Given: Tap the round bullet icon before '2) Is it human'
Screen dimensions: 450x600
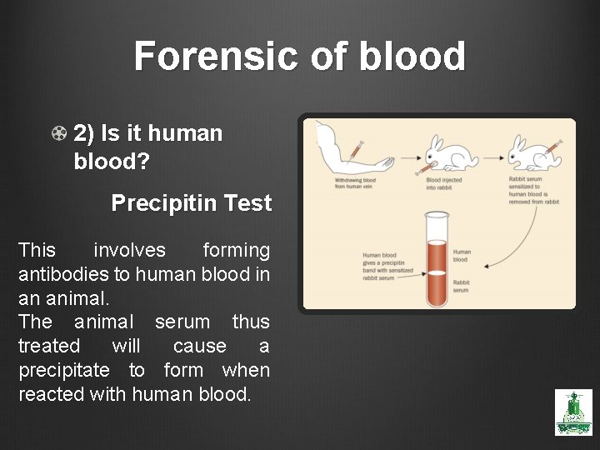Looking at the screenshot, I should coord(59,133).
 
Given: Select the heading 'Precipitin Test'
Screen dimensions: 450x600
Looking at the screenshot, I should coord(192,203).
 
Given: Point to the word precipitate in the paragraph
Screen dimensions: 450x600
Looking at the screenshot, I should coord(63,370).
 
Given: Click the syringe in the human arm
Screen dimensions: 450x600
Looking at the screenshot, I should coord(355,150).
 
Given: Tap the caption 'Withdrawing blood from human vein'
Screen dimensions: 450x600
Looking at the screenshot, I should coord(355,183).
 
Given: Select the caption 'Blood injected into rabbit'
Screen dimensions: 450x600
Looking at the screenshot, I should coord(444,183).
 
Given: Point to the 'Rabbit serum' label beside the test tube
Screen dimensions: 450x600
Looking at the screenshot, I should coord(461,286).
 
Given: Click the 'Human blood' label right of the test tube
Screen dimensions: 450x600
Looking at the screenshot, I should coord(462,255).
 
